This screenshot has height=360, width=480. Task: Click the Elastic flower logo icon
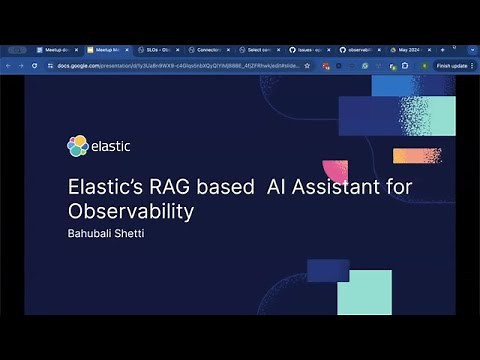78,146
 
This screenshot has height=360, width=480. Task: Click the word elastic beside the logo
111,146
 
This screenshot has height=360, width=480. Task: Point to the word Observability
129,211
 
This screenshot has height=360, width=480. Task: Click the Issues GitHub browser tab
309,49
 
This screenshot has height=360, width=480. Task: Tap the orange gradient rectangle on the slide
416,156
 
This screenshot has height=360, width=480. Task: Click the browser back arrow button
8,65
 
